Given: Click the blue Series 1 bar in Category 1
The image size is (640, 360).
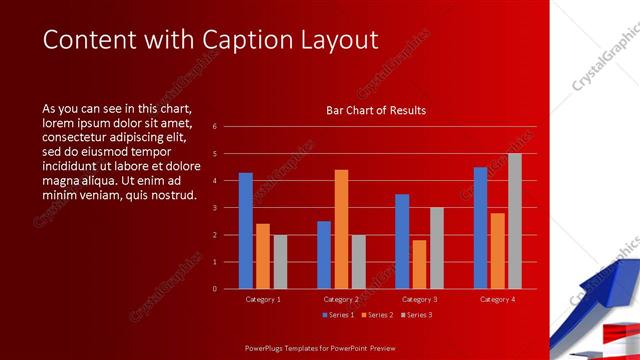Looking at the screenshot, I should (246, 231).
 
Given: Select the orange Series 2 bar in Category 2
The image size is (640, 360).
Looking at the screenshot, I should (341, 229).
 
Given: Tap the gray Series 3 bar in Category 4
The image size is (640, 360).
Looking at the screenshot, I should (514, 221).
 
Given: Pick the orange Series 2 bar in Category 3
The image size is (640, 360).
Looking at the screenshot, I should (419, 264).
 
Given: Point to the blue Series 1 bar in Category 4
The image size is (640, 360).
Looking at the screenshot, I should (480, 228).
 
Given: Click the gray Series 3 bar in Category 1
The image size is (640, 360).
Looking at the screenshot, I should (280, 262).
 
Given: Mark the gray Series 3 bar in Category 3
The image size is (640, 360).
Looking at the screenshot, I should (436, 248).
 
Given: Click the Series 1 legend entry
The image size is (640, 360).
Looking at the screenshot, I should (337, 315).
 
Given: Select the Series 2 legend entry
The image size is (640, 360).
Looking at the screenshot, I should (376, 315).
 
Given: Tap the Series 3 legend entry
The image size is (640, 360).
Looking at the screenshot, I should (415, 315).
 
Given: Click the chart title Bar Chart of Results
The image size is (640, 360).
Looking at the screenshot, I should (376, 110).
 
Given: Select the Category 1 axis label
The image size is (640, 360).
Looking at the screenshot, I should (263, 299).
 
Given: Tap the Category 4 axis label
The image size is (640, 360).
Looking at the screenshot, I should (497, 299).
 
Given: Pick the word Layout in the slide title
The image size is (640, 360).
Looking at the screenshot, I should (335, 40).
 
